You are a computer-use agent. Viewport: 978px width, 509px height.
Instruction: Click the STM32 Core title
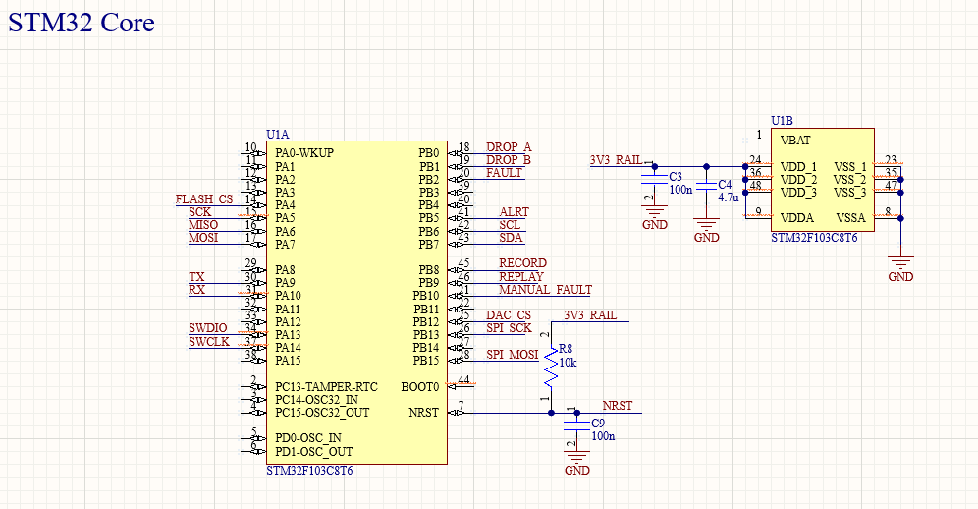81,23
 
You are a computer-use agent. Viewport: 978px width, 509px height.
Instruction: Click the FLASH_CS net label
204,199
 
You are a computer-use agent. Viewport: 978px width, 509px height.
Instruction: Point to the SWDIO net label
207,328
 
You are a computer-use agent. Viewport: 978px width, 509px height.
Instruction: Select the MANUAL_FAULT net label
545,290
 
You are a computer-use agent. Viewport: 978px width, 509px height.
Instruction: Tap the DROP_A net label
509,147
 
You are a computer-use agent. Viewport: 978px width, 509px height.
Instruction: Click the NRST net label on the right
618,406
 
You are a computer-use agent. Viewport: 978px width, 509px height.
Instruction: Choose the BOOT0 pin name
419,387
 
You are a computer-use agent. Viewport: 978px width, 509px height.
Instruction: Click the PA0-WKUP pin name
304,153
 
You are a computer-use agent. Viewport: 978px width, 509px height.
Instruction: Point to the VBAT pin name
796,140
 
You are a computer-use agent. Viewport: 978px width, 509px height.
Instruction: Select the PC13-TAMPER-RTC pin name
326,386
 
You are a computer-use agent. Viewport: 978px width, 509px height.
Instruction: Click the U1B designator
782,121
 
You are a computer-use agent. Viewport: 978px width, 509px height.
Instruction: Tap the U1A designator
278,134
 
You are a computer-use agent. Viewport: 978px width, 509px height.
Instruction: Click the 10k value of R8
568,362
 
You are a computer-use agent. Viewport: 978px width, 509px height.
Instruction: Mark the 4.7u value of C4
728,198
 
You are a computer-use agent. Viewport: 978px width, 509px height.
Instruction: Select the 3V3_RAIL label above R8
590,315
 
